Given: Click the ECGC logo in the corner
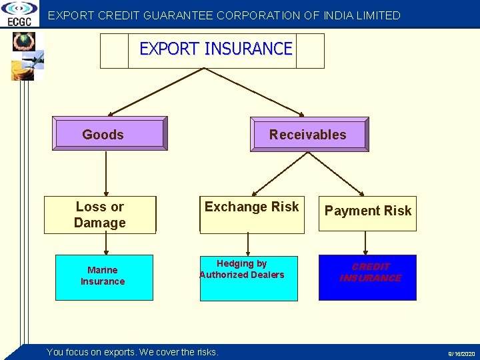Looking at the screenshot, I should click(19, 14).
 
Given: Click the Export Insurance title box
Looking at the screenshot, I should click(212, 51).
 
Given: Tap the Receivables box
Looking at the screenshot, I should click(309, 134).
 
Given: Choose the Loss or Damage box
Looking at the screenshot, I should click(100, 215).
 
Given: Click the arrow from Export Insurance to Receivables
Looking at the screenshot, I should click(253, 92).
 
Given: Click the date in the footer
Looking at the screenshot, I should click(461, 353).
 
